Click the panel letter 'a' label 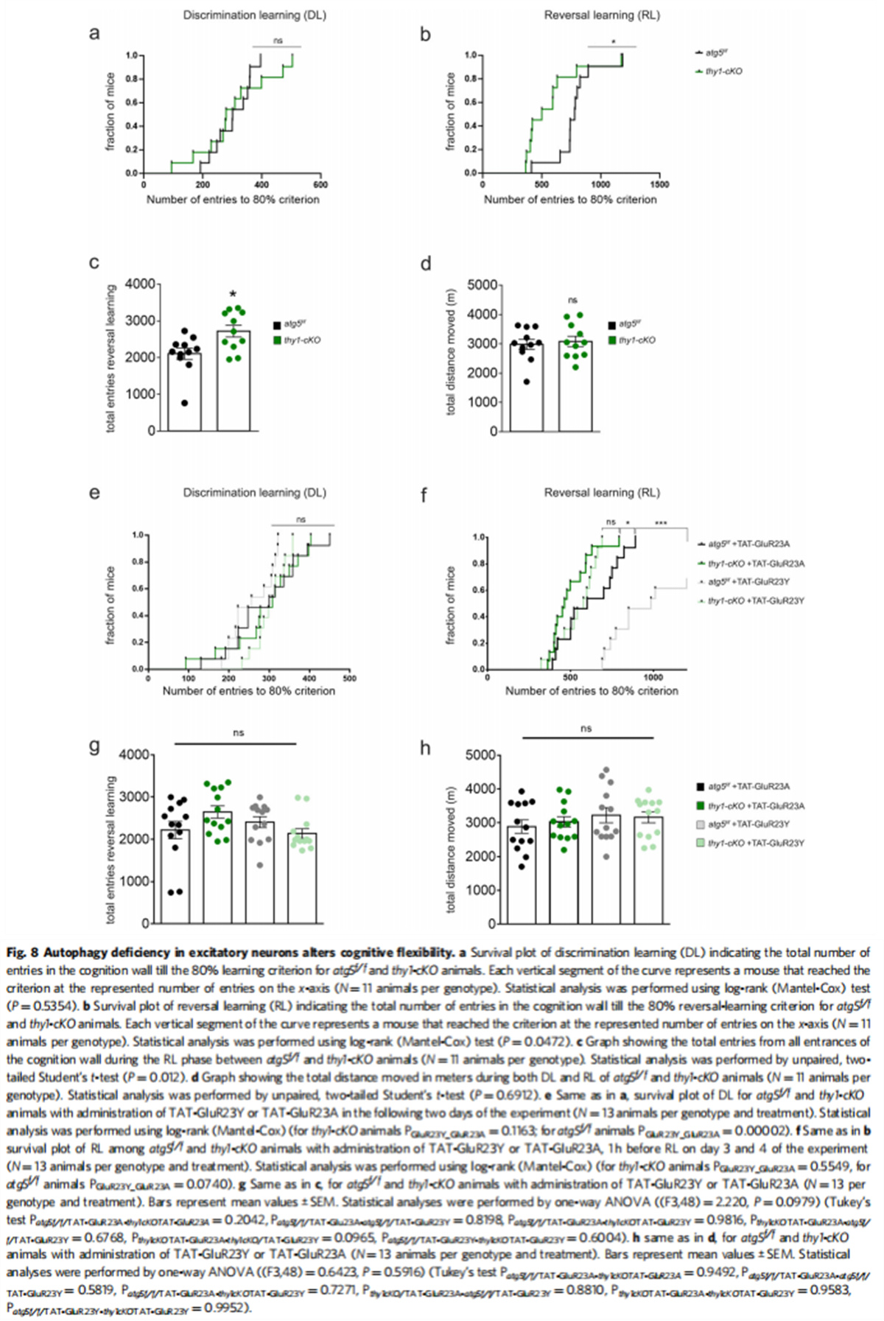[x=94, y=33]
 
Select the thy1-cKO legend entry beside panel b [x=718, y=71]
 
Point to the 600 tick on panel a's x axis [x=320, y=184]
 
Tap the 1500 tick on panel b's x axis [x=659, y=184]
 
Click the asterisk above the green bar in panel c [x=234, y=295]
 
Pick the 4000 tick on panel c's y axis [x=140, y=284]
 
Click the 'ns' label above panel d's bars [x=572, y=300]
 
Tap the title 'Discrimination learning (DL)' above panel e [x=254, y=492]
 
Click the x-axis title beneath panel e [x=248, y=691]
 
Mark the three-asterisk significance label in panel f [x=660, y=523]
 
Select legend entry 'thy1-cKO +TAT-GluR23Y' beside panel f [x=755, y=601]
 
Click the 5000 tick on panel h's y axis [x=480, y=755]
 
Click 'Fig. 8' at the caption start [x=22, y=953]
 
